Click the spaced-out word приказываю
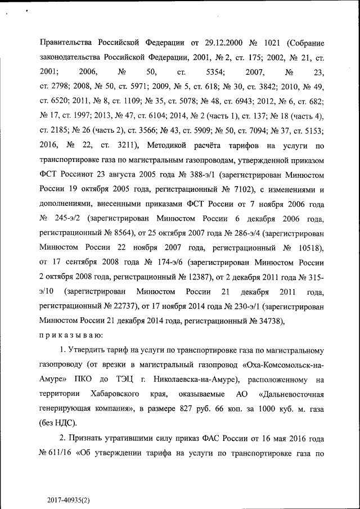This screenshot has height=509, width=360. click(x=70, y=336)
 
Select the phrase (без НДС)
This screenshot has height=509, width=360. click(x=57, y=423)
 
